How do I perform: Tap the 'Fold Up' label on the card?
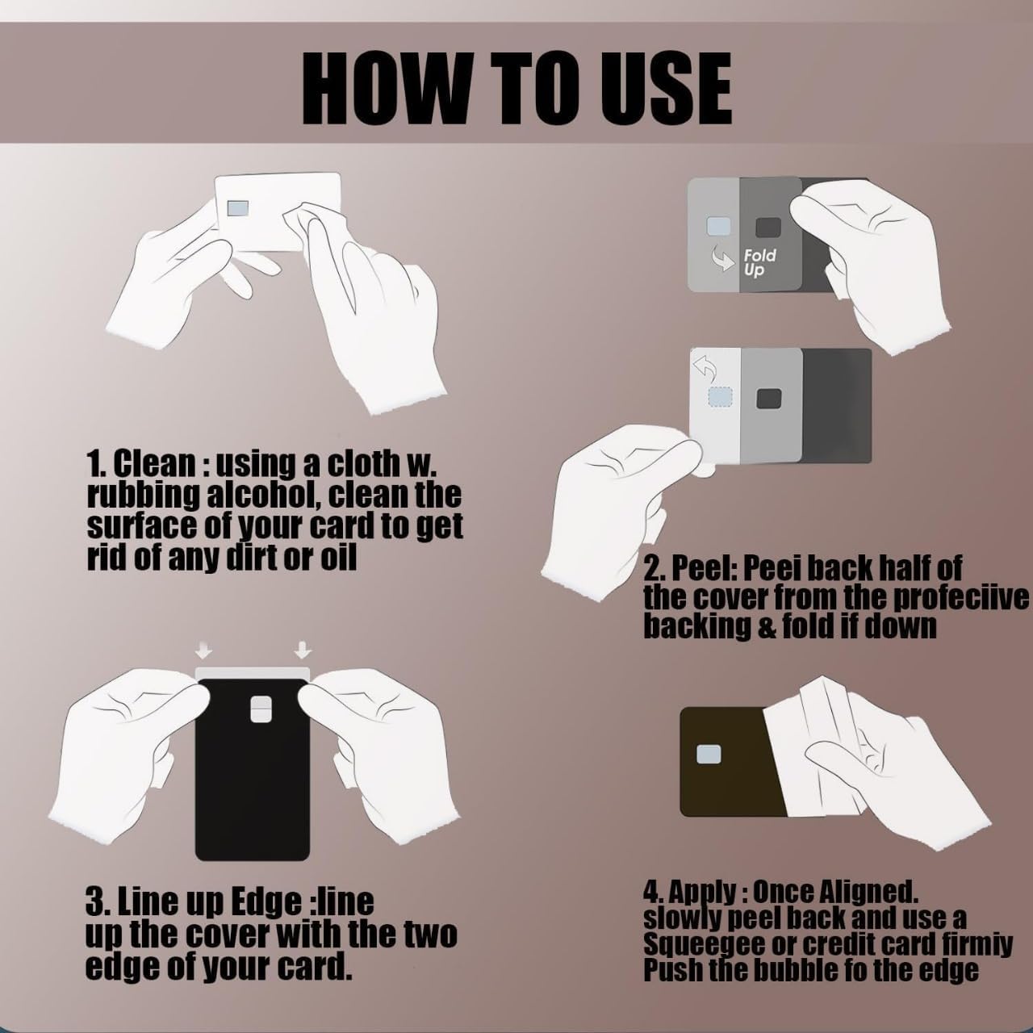(759, 262)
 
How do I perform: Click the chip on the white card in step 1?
(237, 208)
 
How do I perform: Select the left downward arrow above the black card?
(204, 650)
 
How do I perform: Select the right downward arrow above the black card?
(303, 650)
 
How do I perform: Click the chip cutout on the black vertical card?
(261, 709)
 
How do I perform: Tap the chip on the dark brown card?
(709, 755)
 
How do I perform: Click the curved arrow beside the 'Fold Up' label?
(721, 259)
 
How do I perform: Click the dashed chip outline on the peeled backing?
(721, 397)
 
